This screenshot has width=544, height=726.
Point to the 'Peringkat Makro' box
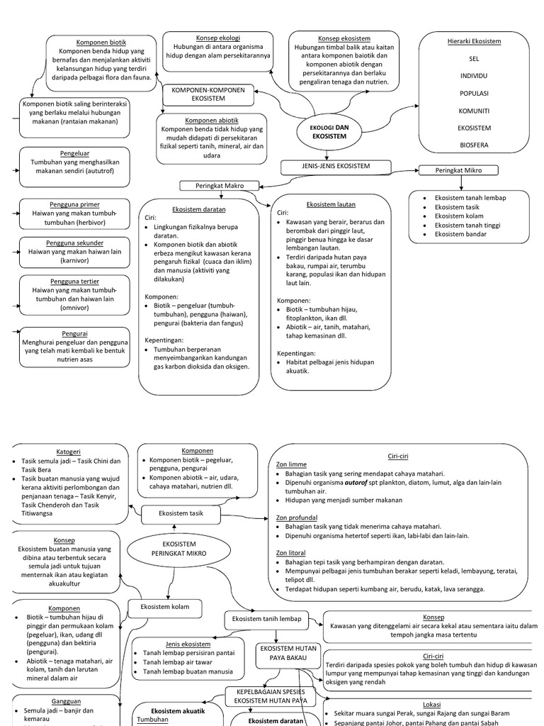(220, 186)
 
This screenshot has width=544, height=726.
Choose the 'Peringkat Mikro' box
(458, 170)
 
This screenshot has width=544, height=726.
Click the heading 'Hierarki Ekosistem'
(474, 41)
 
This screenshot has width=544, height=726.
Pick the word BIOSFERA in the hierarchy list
(474, 145)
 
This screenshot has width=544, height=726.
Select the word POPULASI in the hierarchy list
(474, 93)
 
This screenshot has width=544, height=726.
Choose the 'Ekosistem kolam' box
(164, 608)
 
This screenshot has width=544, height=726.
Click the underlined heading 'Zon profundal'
(297, 518)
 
